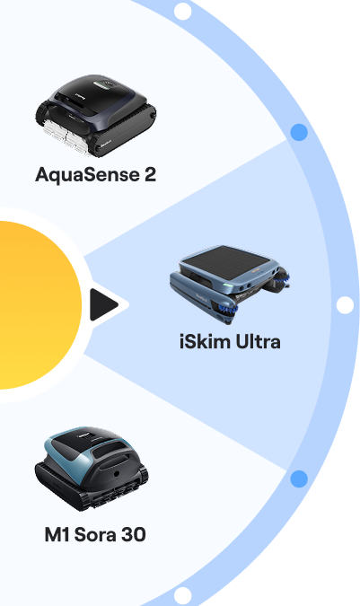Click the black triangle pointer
pos(102,305)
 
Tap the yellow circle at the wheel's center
pos(37,305)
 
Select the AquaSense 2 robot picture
pos(96,116)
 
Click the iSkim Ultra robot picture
pos(230,285)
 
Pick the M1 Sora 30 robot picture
pos(92,469)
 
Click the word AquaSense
pos(87,175)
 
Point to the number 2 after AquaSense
pos(150,175)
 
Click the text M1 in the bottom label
pos(57,535)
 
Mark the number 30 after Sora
pos(134,535)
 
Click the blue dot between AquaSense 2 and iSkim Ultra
pos(299,132)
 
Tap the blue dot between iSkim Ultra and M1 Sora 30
pos(299,479)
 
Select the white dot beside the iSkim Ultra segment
pos(345,305)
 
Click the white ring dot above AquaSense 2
pos(183,11)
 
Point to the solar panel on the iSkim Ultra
pos(226,261)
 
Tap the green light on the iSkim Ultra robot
pos(228,286)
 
